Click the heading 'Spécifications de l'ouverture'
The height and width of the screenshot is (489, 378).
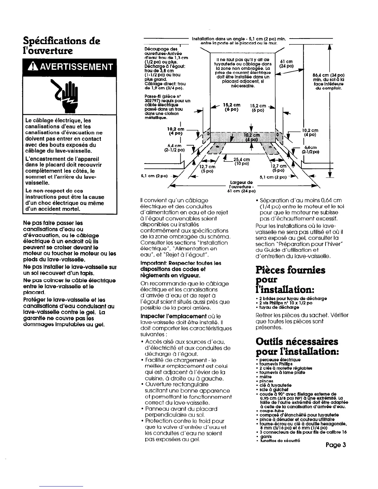[x=62, y=45]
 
